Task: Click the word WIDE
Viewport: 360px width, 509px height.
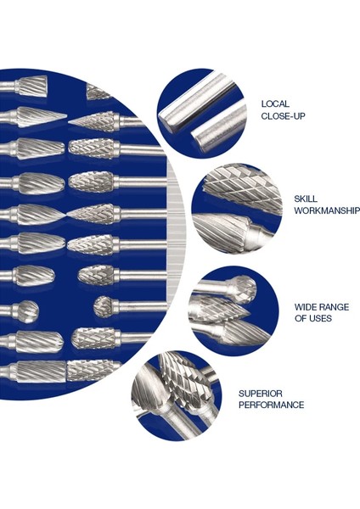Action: [x=305, y=306]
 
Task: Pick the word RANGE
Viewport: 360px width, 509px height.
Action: [x=333, y=306]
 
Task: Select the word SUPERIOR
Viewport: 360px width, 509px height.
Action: [x=259, y=394]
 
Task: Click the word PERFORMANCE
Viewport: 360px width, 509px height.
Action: [x=271, y=406]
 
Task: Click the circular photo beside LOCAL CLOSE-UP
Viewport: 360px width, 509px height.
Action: [x=202, y=111]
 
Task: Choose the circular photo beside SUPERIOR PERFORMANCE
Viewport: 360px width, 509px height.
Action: [x=176, y=394]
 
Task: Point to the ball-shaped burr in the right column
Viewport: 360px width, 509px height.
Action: [x=102, y=306]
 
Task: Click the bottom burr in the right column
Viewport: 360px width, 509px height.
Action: [x=93, y=370]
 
